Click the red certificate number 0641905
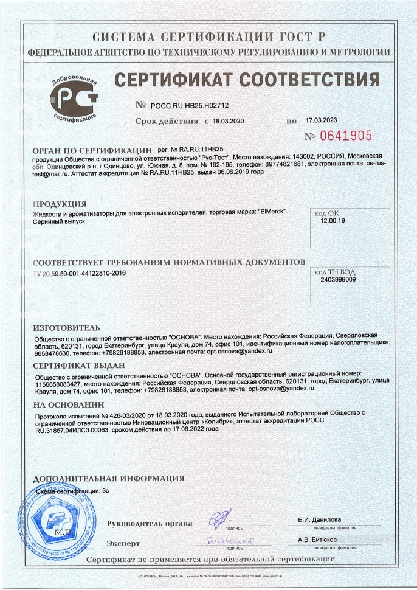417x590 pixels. pos(345,136)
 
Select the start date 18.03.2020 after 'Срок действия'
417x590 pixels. pos(228,122)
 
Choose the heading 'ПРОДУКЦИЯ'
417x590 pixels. pos(59,204)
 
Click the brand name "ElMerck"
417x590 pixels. pos(271,212)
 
